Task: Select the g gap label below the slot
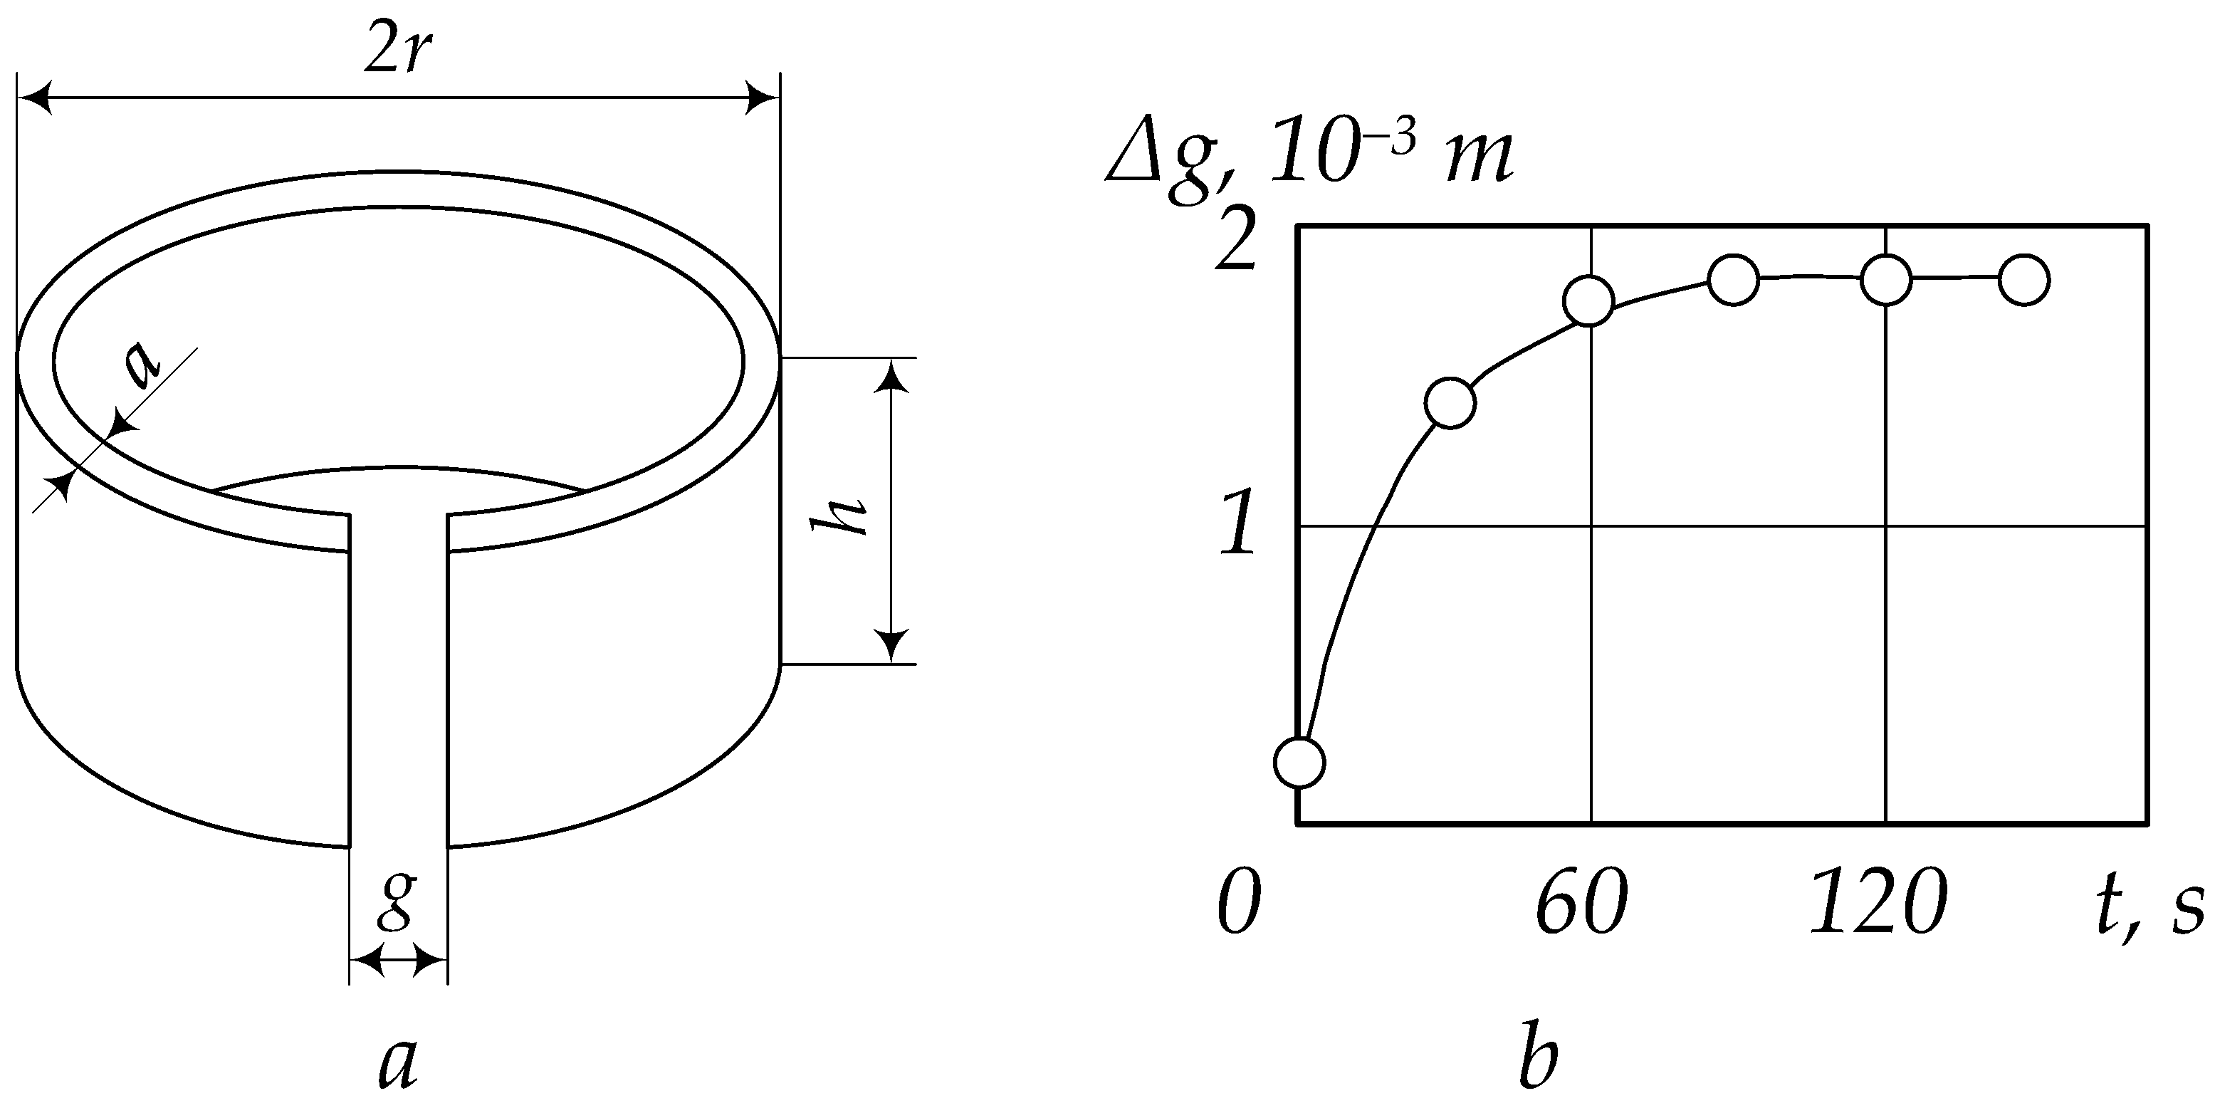(x=397, y=898)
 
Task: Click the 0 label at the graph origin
(x=1239, y=904)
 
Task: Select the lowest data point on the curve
(x=1299, y=762)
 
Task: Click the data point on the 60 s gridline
(x=1589, y=301)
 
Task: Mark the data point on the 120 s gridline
(x=1885, y=281)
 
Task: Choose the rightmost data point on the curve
(x=2024, y=280)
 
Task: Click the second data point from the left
(x=1450, y=402)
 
